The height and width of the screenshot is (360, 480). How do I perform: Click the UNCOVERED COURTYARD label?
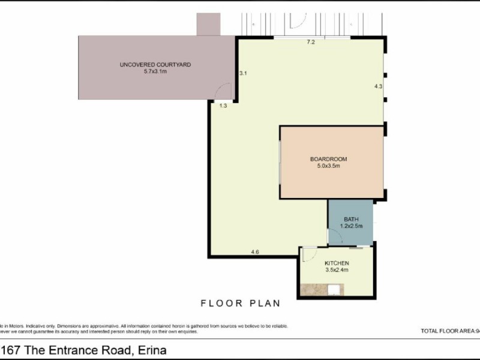(155, 64)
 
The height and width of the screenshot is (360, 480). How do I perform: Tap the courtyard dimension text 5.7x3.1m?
(155, 71)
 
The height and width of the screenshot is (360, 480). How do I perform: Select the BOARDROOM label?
(328, 159)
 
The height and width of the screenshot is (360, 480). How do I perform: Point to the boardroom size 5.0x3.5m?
(328, 166)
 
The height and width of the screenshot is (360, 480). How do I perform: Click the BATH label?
(351, 220)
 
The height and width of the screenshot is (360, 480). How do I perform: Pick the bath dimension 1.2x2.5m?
(351, 227)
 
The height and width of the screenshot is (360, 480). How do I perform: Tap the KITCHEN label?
(337, 263)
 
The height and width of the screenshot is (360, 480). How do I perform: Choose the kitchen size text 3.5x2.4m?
(337, 271)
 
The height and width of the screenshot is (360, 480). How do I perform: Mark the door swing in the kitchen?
(308, 254)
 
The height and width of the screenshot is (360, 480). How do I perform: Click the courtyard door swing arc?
(223, 91)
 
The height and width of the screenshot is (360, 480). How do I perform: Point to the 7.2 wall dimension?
(311, 42)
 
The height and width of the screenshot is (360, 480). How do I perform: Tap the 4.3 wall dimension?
(378, 86)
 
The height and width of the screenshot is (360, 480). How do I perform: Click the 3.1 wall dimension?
(244, 73)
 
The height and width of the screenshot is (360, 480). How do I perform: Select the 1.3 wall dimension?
(223, 106)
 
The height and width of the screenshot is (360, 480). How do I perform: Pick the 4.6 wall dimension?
(255, 252)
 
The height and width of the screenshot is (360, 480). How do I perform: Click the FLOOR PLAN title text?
(240, 303)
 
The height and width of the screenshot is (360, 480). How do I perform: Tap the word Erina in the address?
(152, 350)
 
